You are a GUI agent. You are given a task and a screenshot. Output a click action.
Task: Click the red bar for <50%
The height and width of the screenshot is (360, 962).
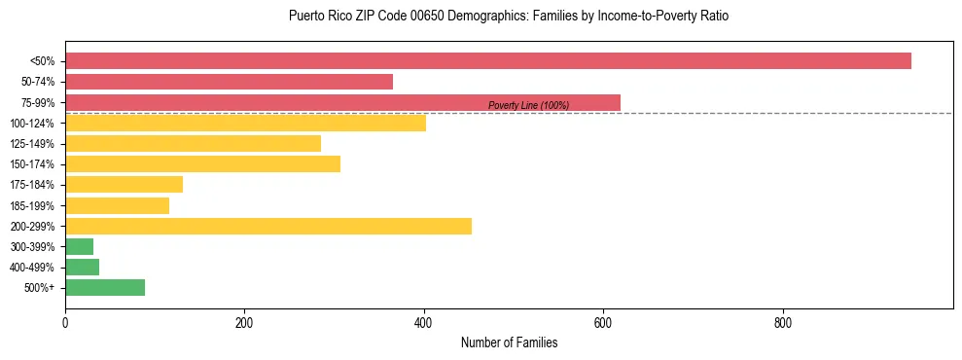pos(487,61)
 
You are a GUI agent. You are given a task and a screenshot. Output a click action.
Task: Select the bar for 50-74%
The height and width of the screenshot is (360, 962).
pos(229,82)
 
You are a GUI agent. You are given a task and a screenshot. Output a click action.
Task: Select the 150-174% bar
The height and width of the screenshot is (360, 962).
pos(202,163)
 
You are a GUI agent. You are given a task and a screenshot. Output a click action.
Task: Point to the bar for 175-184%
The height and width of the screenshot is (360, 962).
pos(124,185)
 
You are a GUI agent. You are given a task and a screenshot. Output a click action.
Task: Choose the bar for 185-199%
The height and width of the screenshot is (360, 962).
pos(117,205)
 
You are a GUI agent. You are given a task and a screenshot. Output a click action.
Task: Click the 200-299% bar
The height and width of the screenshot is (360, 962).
pos(267,226)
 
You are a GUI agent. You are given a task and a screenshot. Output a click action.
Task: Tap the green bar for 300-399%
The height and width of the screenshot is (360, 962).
pos(79,246)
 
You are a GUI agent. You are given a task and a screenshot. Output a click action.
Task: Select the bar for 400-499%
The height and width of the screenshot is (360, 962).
pos(82,267)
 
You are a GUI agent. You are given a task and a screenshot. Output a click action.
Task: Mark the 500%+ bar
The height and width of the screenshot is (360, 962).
pos(105,287)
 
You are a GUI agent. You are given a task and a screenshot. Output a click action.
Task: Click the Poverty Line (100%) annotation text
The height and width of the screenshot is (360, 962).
pos(528,105)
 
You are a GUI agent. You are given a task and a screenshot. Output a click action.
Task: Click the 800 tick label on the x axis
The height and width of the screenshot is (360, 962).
pos(782,323)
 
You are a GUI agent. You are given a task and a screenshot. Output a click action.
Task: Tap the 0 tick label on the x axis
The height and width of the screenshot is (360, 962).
pos(65,323)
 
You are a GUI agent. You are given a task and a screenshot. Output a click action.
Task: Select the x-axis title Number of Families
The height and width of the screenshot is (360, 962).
pos(509,342)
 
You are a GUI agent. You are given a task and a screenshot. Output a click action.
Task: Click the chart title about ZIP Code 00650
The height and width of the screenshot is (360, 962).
pos(509,17)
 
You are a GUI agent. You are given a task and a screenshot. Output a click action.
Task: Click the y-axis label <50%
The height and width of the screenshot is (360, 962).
pos(42,61)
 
